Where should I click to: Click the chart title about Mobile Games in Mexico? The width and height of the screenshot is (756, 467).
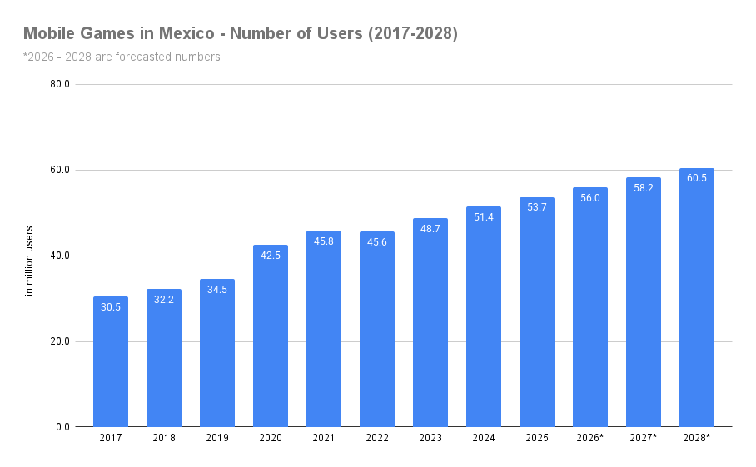pyautogui.click(x=240, y=34)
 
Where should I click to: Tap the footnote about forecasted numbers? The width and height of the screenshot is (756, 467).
pyautogui.click(x=122, y=57)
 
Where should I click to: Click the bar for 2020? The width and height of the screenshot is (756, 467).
pyautogui.click(x=271, y=336)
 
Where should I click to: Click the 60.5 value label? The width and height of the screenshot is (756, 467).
pyautogui.click(x=697, y=178)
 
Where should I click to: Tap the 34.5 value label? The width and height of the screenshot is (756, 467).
pyautogui.click(x=217, y=290)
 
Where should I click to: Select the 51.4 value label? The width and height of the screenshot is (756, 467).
pyautogui.click(x=484, y=217)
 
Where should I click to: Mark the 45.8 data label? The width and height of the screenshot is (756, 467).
pyautogui.click(x=324, y=241)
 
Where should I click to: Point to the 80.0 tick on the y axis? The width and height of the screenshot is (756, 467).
pyautogui.click(x=59, y=84)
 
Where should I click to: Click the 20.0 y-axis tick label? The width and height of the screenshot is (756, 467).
pyautogui.click(x=59, y=341)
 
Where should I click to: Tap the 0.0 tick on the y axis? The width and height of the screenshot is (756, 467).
pyautogui.click(x=62, y=427)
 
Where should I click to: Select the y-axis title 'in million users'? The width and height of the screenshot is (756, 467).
pyautogui.click(x=29, y=261)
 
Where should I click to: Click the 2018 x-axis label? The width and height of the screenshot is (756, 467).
pyautogui.click(x=164, y=438)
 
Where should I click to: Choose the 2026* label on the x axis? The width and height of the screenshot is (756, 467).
pyautogui.click(x=590, y=438)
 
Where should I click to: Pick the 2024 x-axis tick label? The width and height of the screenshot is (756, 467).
pyautogui.click(x=484, y=438)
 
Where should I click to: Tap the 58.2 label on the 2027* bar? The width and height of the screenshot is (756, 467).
pyautogui.click(x=644, y=188)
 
